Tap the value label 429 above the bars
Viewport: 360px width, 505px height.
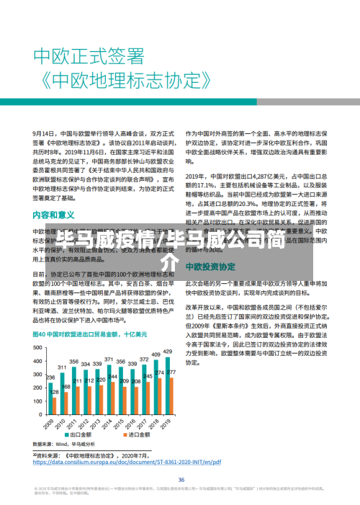[167, 351]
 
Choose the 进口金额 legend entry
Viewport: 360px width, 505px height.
[120, 436]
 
